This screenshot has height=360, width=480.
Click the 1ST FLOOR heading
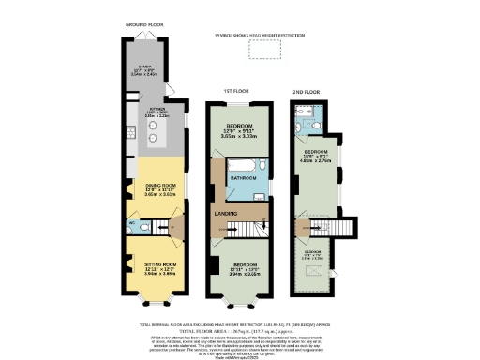[233, 91]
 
